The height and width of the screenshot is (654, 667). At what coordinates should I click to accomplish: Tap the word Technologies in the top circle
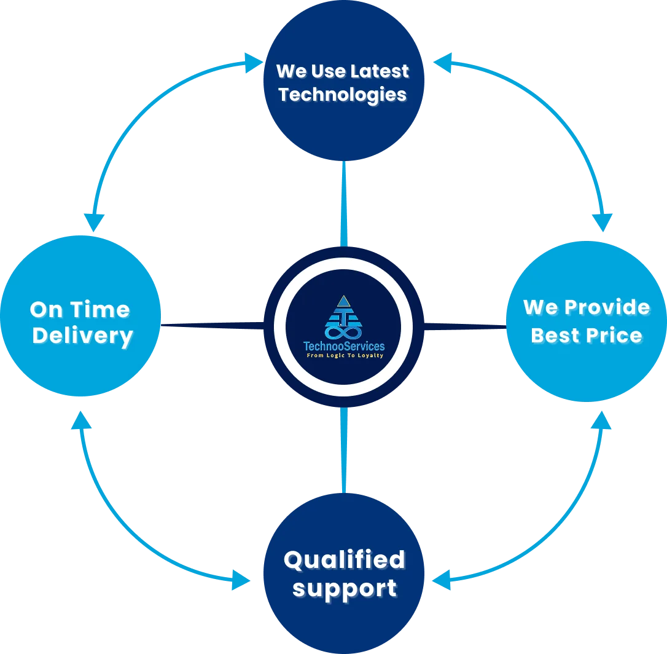click(x=343, y=95)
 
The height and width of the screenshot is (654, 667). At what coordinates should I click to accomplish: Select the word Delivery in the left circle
click(x=82, y=336)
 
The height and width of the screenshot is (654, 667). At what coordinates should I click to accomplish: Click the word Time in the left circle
click(x=101, y=309)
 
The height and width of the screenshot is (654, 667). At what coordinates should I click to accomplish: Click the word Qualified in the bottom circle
click(x=344, y=560)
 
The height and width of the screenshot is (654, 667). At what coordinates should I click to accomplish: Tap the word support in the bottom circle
click(x=344, y=588)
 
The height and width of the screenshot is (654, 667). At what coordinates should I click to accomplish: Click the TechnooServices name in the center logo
click(x=344, y=347)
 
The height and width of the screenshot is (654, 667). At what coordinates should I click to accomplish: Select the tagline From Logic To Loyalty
click(x=344, y=356)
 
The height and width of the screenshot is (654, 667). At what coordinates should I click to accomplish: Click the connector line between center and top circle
click(x=344, y=203)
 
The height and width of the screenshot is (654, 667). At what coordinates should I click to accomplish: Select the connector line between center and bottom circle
click(x=344, y=449)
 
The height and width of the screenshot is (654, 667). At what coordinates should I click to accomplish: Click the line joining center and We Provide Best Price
click(x=467, y=326)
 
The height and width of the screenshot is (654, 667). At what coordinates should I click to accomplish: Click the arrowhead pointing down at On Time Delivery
click(x=94, y=221)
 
